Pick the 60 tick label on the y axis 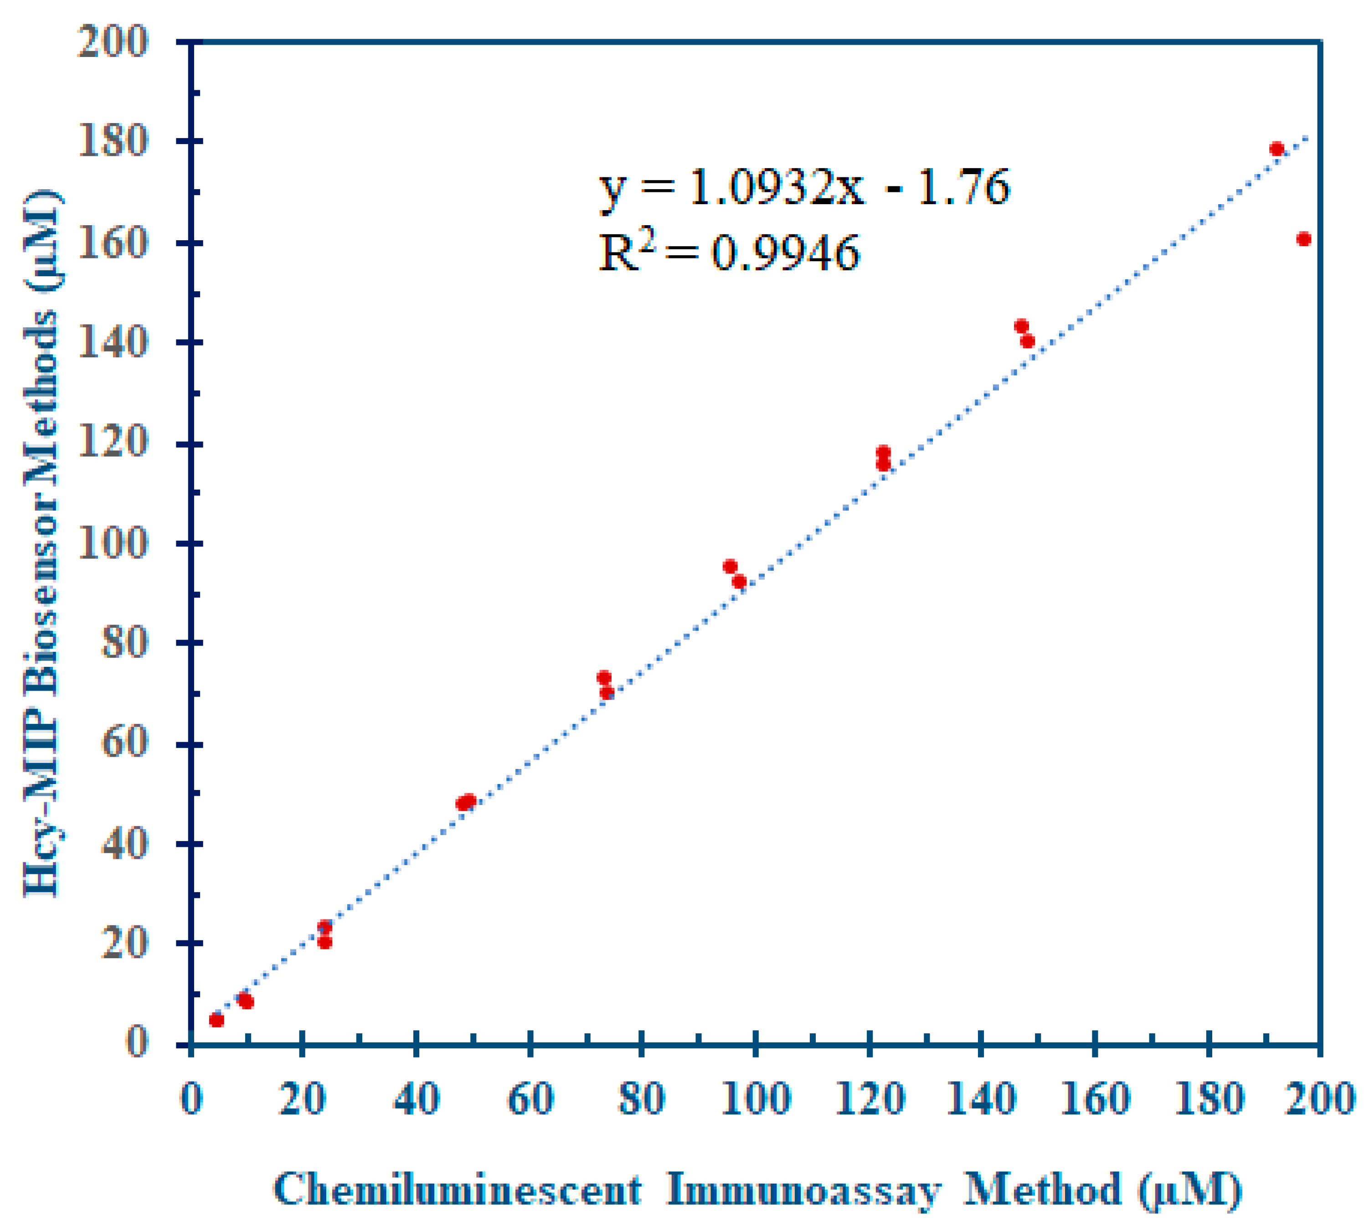click(x=124, y=744)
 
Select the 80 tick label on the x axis click(x=642, y=1099)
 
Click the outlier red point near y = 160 click(x=1303, y=239)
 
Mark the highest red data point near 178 click(x=1276, y=149)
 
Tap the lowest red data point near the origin click(x=216, y=1020)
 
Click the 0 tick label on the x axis click(x=191, y=1099)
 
